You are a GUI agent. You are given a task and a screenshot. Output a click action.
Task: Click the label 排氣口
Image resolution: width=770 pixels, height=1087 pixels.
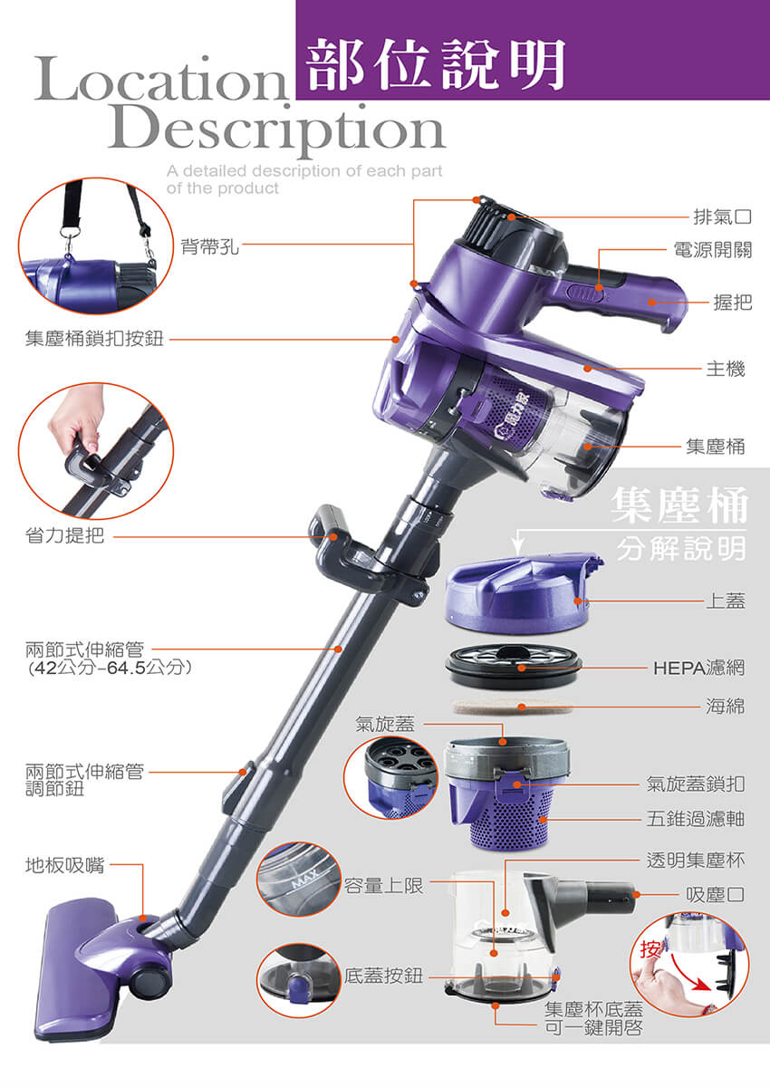(x=723, y=216)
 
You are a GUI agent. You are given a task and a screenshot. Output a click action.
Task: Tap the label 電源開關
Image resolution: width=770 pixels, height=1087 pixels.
(x=713, y=250)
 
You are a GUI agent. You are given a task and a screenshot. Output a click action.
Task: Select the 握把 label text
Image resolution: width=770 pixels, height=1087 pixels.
(x=733, y=303)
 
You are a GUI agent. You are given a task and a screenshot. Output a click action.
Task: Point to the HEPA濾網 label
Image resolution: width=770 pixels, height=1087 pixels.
(x=698, y=669)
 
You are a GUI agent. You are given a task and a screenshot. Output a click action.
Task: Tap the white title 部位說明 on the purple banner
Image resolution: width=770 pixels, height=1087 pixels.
(x=437, y=63)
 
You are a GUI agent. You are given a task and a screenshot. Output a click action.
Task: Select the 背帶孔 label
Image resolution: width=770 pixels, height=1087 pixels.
(x=210, y=246)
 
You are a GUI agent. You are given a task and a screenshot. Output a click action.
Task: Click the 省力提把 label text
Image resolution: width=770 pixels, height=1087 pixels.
(x=64, y=534)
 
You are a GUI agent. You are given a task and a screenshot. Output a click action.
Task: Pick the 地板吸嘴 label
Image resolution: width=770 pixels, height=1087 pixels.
(x=64, y=865)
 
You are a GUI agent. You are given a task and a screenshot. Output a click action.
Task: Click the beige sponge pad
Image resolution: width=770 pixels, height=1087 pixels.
(x=513, y=707)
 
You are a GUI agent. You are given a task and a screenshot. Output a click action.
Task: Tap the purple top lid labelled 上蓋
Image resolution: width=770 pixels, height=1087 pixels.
(x=524, y=594)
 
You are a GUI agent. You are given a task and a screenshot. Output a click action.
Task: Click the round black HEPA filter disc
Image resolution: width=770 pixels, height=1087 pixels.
(x=514, y=665)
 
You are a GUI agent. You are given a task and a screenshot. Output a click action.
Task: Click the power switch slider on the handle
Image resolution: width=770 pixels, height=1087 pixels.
(x=585, y=293)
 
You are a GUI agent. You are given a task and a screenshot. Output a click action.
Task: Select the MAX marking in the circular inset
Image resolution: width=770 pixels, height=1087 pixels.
(x=304, y=878)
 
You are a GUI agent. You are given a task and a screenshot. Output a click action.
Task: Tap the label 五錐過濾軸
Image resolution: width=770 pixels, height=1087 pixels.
(x=696, y=819)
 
